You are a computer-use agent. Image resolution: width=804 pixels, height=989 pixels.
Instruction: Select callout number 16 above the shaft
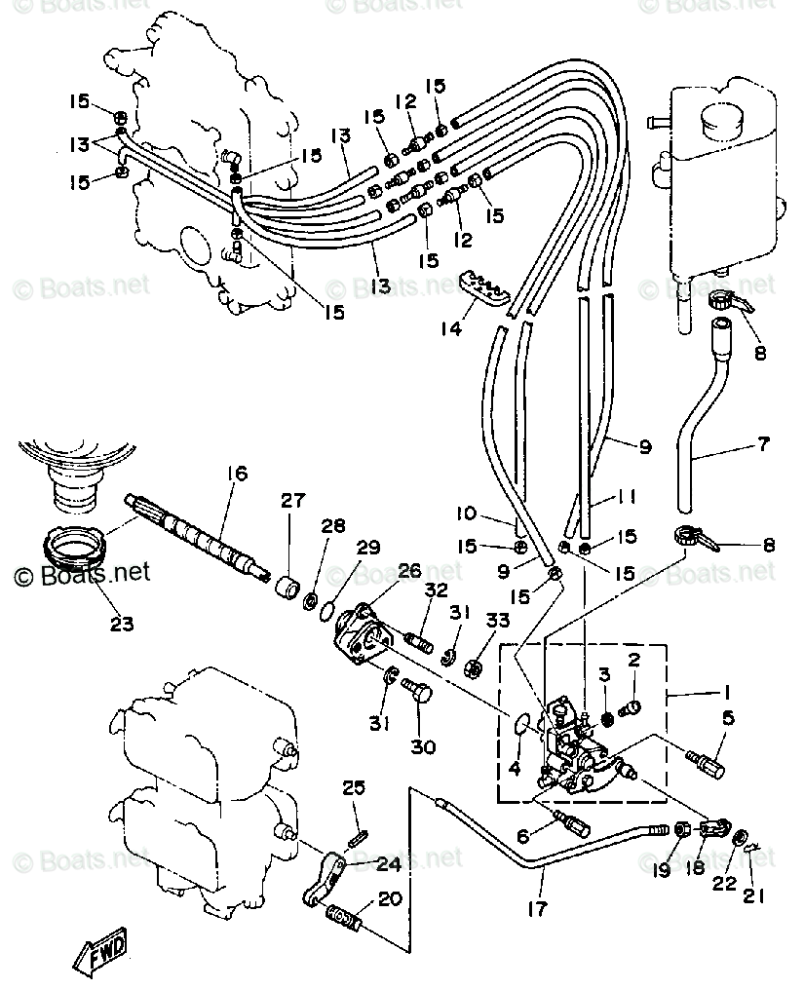pos(238,474)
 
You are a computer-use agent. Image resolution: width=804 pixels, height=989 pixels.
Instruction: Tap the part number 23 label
pos(122,623)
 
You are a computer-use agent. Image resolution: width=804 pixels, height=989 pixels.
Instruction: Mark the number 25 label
pos(353,787)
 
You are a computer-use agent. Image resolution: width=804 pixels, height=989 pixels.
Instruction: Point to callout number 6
pos(522,836)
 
